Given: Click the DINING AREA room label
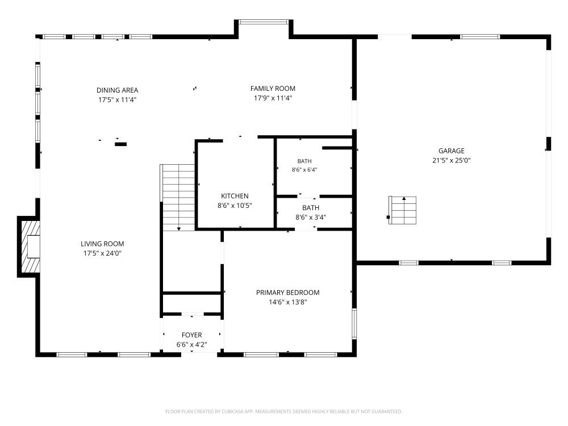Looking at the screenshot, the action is click(x=117, y=90).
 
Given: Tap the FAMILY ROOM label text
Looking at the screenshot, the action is click(x=273, y=89).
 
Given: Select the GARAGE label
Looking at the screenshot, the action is click(x=452, y=151).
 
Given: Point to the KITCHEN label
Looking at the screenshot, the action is click(x=235, y=196).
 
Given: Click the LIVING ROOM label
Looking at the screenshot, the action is click(x=102, y=244).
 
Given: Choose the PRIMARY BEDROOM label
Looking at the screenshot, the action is click(x=287, y=293).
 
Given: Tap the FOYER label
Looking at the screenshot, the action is click(x=191, y=335).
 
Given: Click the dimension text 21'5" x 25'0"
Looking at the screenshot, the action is click(x=452, y=160).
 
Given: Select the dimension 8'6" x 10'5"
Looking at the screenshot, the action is click(x=235, y=206).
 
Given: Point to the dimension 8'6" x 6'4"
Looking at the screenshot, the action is click(x=304, y=169).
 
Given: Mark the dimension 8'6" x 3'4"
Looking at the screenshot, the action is click(x=311, y=218).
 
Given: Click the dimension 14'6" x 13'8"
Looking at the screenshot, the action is click(x=287, y=302).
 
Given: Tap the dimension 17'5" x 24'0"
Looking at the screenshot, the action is click(x=102, y=253).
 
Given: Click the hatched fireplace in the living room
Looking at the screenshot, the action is click(x=29, y=247).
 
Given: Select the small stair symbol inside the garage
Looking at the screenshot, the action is click(x=403, y=210).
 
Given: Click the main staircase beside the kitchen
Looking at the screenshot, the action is click(x=178, y=198).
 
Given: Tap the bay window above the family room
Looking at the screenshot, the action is click(x=264, y=22).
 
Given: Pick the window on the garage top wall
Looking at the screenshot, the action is click(x=480, y=36).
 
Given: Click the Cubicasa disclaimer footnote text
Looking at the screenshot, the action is click(x=283, y=411).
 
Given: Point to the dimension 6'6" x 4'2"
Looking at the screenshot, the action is click(x=191, y=345).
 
